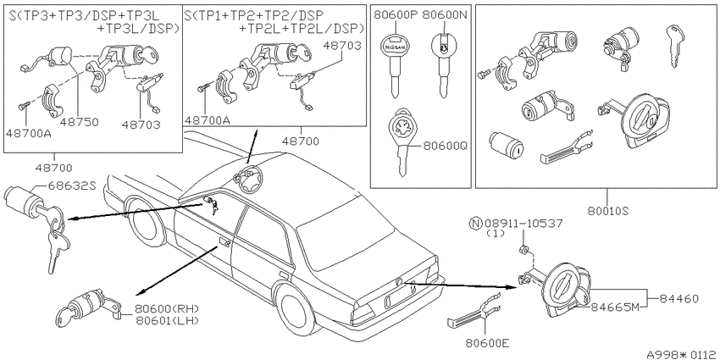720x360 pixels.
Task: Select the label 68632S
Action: (71, 186)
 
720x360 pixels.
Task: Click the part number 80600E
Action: (488, 342)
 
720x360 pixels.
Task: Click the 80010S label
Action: (607, 210)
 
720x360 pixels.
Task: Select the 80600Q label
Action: (444, 146)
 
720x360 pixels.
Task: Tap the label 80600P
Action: (395, 14)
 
